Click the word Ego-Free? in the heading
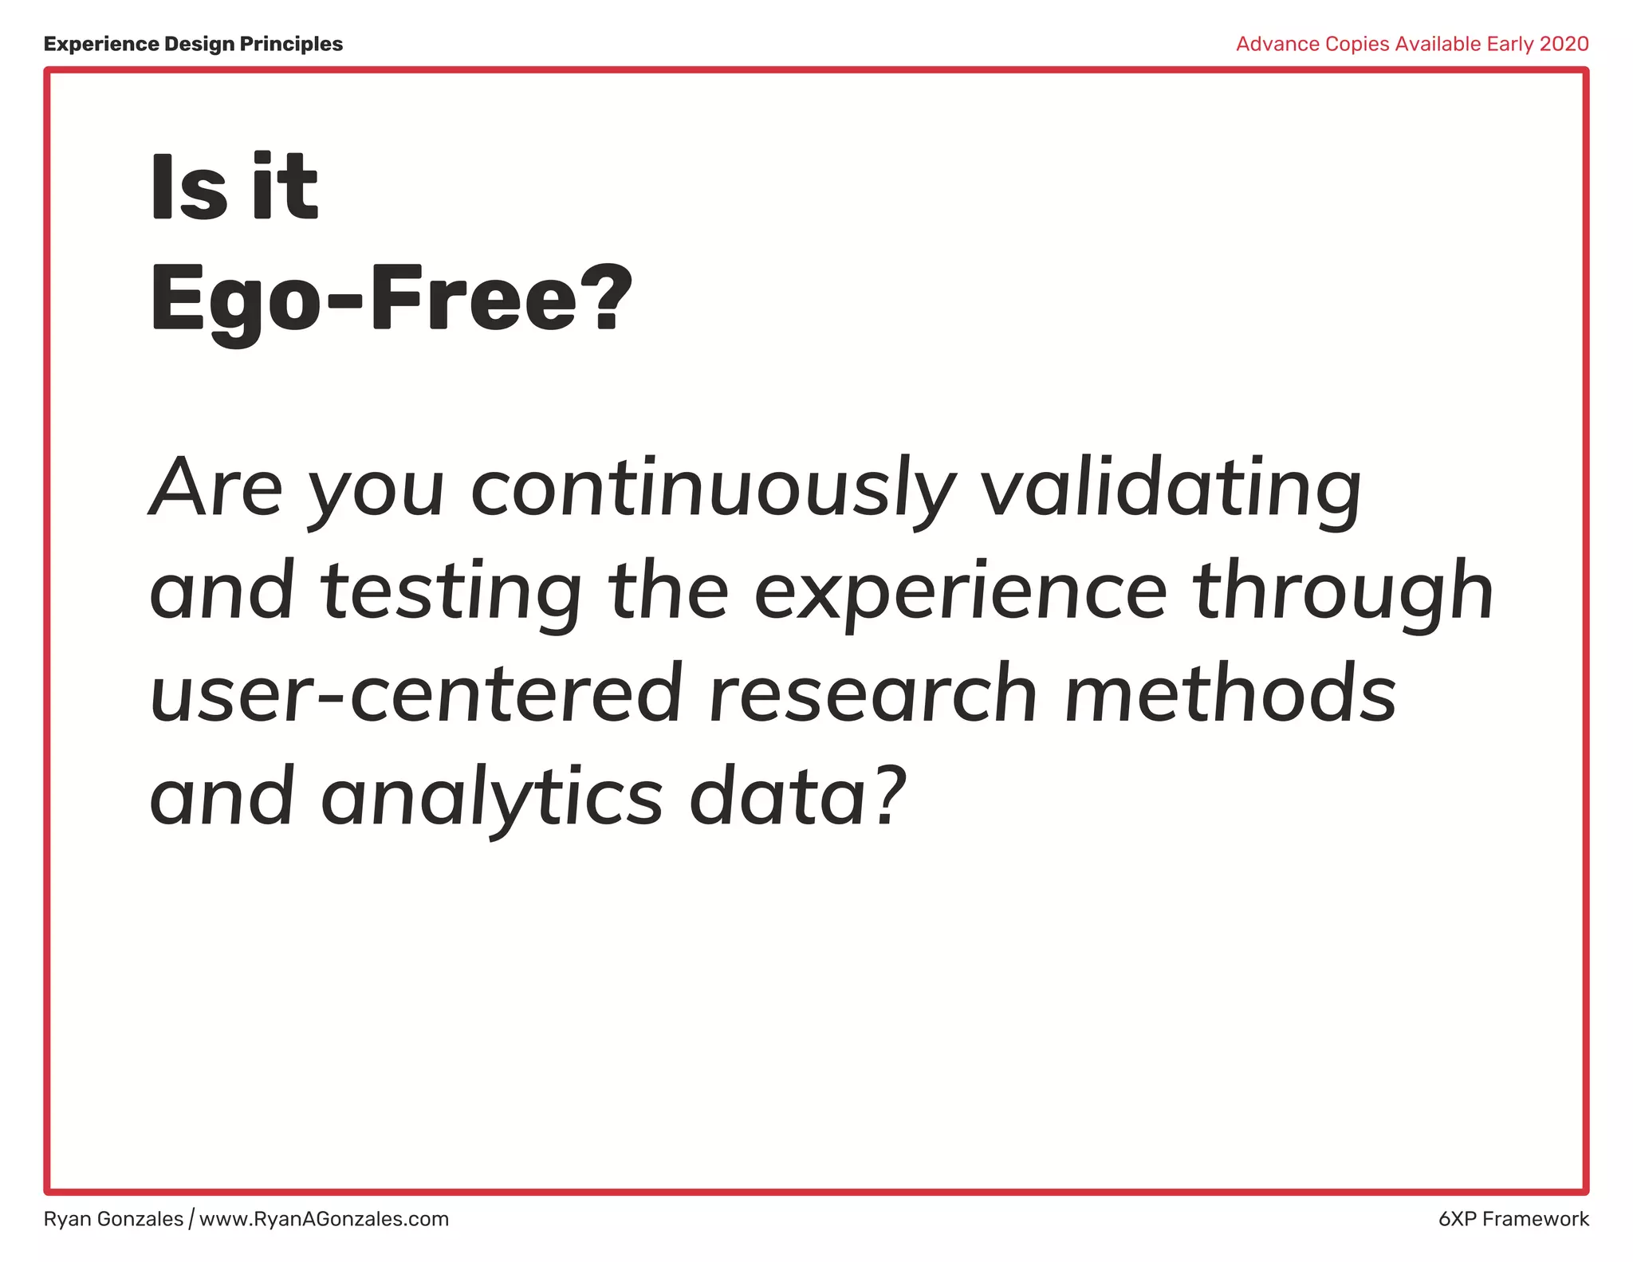pyautogui.click(x=391, y=301)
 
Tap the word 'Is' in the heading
pyautogui.click(x=188, y=188)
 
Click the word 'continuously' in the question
pyautogui.click(x=713, y=489)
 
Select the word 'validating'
pyautogui.click(x=1170, y=489)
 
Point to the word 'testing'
pyautogui.click(x=451, y=592)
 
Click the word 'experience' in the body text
pyautogui.click(x=960, y=592)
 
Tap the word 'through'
pyautogui.click(x=1343, y=592)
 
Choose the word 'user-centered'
pyautogui.click(x=415, y=694)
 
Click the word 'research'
pyautogui.click(x=873, y=694)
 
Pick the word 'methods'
pyautogui.click(x=1230, y=694)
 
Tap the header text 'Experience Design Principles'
pyautogui.click(x=193, y=44)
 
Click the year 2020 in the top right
pyautogui.click(x=1564, y=44)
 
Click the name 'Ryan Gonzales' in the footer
pyautogui.click(x=113, y=1219)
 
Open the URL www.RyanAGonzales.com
pyautogui.click(x=324, y=1219)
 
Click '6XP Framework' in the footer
pyautogui.click(x=1513, y=1219)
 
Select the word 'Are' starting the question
pyautogui.click(x=216, y=489)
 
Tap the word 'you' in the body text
pyautogui.click(x=376, y=489)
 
